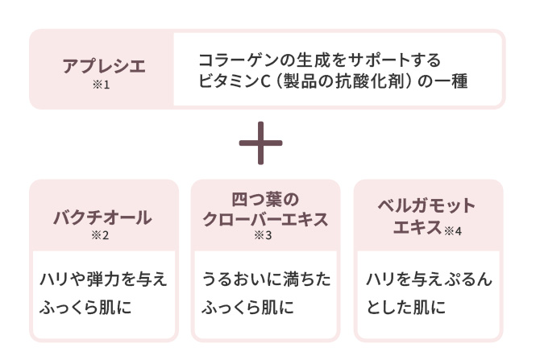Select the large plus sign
[260, 144]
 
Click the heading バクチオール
[102, 217]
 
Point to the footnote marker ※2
[102, 236]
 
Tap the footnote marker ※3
[264, 236]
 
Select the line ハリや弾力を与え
[103, 279]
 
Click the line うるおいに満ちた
[266, 279]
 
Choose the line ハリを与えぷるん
[429, 279]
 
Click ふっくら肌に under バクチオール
[85, 307]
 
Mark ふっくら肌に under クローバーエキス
[248, 307]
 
